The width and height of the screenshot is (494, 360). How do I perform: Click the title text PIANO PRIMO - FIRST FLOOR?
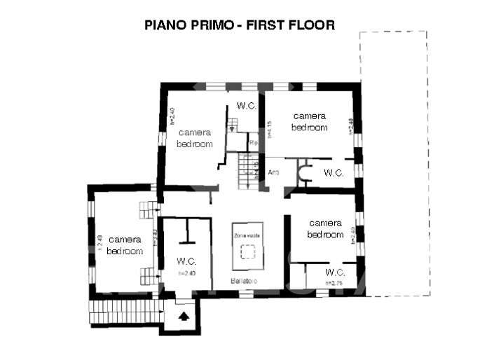240,25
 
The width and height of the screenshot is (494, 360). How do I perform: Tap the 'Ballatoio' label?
247,282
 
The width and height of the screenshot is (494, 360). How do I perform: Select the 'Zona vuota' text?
247,237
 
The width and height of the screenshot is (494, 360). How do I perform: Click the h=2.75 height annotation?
334,283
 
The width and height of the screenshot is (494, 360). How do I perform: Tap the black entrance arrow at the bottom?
184,317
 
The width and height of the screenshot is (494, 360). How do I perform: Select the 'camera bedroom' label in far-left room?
125,245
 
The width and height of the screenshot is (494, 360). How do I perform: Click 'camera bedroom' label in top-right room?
310,122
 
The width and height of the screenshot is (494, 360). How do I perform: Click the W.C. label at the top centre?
246,106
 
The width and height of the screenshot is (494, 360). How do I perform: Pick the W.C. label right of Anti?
334,173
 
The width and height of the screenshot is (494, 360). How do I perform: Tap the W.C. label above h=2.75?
335,272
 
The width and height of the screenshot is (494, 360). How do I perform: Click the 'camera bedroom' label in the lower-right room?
325,229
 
